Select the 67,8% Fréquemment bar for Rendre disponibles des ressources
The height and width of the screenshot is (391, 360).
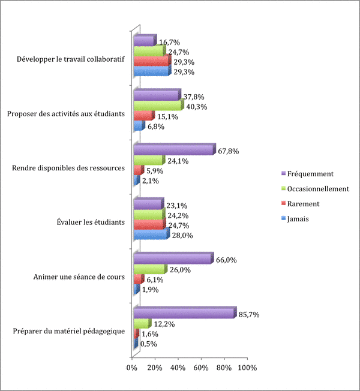click(173, 150)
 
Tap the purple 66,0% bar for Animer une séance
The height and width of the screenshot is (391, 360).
click(173, 258)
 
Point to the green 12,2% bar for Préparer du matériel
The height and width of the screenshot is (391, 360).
click(142, 324)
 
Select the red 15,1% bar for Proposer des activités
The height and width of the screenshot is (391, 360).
click(143, 116)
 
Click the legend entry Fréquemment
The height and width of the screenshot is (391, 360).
click(310, 174)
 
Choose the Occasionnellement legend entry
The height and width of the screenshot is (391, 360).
click(318, 189)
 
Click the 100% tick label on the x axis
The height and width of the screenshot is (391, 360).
click(247, 368)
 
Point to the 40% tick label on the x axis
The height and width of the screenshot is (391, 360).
click(178, 368)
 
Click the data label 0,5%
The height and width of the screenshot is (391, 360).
click(149, 344)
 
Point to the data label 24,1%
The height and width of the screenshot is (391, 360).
click(178, 161)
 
